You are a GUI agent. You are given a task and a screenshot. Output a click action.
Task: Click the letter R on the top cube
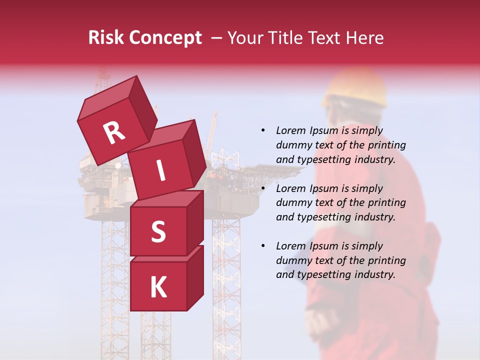(114, 133)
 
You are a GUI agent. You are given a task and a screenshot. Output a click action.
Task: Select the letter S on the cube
(158, 232)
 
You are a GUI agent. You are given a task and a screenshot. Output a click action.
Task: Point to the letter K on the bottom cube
(158, 287)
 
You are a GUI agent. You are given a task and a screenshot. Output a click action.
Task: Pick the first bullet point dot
(263, 130)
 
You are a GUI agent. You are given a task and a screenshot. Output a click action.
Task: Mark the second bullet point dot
(263, 188)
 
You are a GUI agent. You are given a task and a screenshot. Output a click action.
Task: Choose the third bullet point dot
(263, 246)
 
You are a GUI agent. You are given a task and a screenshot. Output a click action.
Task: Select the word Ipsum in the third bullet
(326, 246)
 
